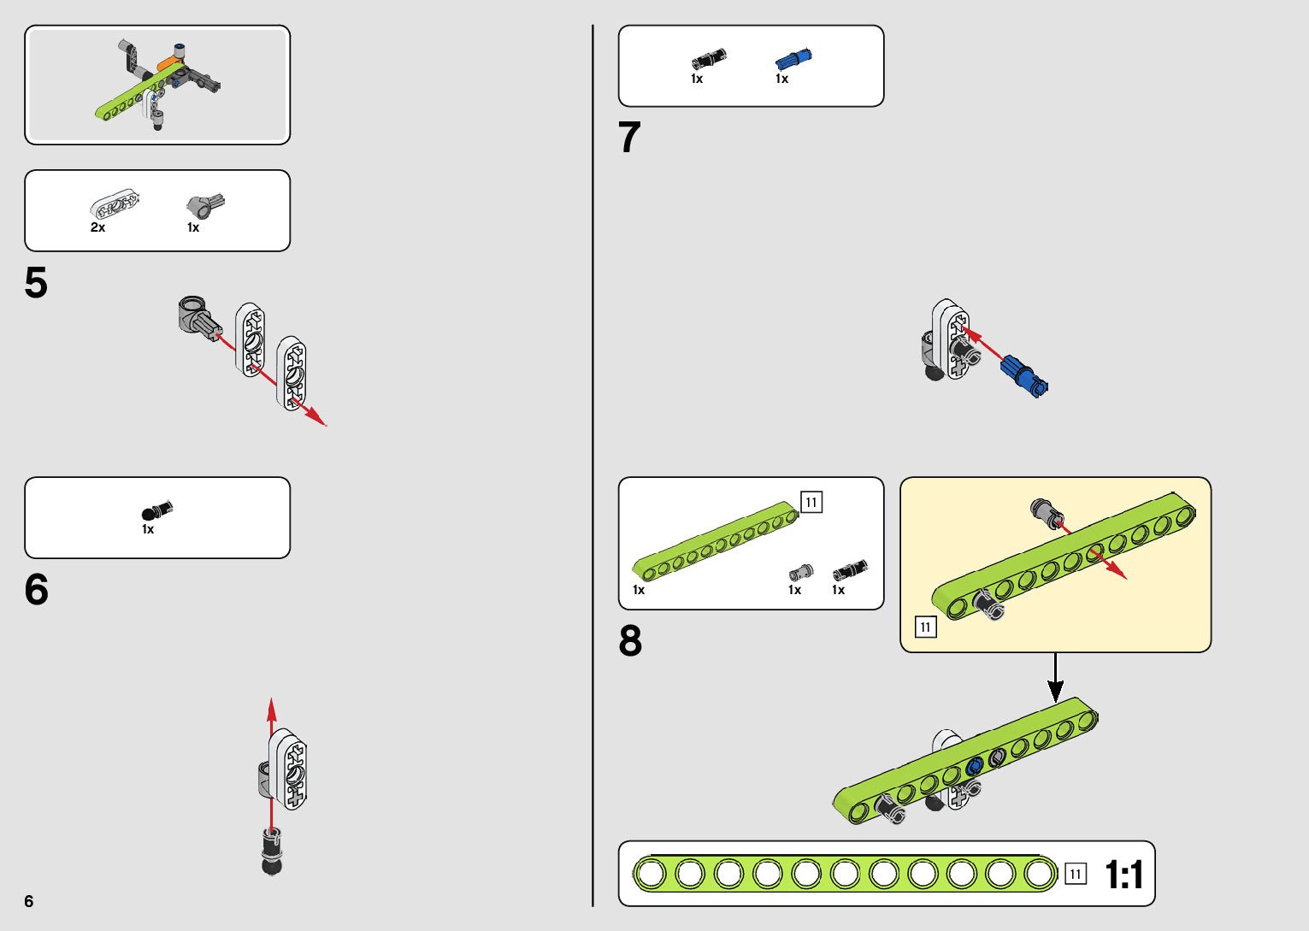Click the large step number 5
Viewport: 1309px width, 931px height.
[x=36, y=283]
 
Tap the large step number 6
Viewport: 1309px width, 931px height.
[x=37, y=590]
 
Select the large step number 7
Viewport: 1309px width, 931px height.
[x=629, y=138]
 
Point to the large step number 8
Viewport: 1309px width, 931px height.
[x=630, y=641]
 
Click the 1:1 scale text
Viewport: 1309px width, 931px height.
[x=1123, y=875]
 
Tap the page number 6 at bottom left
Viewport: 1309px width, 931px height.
[x=29, y=901]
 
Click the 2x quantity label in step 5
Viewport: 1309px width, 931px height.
[x=98, y=227]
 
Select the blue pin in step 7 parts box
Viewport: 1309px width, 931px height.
[x=793, y=60]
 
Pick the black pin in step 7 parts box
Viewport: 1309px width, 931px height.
[x=708, y=59]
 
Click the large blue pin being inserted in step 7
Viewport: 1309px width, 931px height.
[x=1024, y=374]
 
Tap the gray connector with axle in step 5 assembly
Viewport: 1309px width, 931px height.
[x=198, y=317]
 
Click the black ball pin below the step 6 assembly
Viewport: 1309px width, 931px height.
[x=272, y=851]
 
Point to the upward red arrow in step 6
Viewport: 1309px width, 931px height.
[x=272, y=718]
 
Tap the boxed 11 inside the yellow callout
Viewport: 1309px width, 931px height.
[x=925, y=628]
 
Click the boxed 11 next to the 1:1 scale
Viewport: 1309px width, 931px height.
[x=1076, y=875]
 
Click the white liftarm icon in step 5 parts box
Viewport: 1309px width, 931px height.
[x=115, y=206]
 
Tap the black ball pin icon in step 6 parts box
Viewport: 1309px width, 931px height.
[x=156, y=511]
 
